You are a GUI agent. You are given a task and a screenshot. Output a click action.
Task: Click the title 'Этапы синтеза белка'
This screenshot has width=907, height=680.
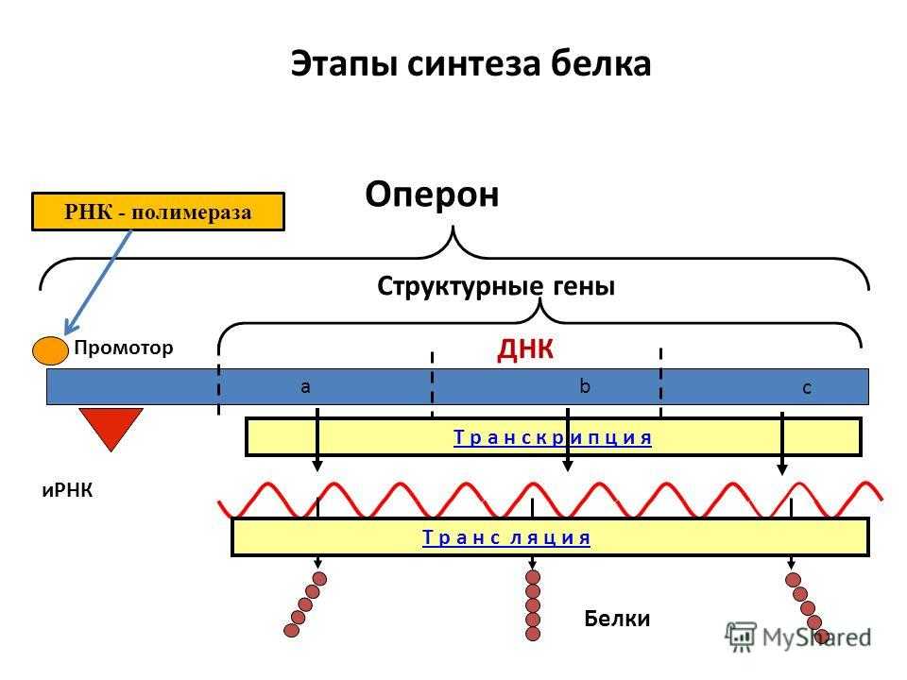[471, 63]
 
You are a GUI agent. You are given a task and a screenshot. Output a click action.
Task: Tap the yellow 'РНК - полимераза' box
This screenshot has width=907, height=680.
[158, 212]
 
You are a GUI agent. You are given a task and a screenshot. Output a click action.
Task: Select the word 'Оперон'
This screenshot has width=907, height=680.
[432, 195]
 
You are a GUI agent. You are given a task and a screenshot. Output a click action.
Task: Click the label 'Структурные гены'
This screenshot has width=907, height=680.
[496, 285]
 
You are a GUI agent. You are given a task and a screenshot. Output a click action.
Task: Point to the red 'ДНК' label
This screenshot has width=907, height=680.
[523, 350]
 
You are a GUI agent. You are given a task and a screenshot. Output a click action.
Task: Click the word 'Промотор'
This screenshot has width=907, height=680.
[124, 348]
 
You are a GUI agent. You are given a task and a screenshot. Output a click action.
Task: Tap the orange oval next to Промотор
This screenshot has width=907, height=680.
[50, 349]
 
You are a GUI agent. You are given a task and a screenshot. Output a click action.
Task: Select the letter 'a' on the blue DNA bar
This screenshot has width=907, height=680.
[305, 386]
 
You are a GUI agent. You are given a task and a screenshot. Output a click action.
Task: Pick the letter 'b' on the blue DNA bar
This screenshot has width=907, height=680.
[584, 385]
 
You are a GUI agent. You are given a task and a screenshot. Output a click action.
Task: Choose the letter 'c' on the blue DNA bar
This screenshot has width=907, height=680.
[807, 387]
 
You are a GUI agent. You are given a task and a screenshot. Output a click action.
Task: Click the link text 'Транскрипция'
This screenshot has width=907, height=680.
[553, 437]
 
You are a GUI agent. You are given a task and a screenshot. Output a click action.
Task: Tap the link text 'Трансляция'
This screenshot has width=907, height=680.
[506, 537]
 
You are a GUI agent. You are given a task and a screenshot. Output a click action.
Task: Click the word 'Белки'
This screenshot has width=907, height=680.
[617, 619]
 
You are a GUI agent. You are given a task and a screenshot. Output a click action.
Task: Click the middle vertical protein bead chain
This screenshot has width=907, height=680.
[533, 604]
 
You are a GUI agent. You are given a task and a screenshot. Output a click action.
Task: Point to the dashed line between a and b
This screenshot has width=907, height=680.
[432, 382]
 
